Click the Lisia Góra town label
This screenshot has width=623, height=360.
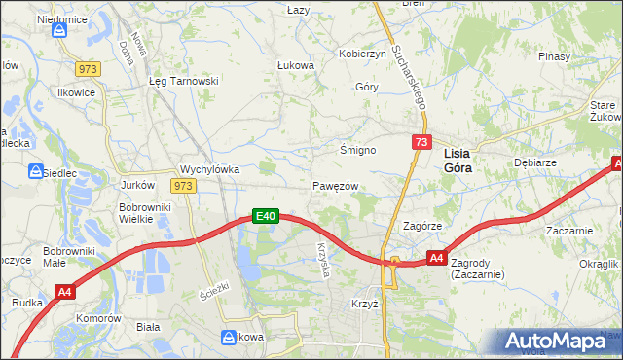click(458, 161)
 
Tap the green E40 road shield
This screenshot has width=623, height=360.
click(267, 216)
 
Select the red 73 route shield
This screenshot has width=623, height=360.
click(421, 142)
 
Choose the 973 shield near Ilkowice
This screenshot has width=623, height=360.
click(89, 68)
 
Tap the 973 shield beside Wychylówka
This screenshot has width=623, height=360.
click(182, 185)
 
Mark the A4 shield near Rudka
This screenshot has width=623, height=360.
click(65, 290)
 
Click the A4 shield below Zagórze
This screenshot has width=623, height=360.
click(437, 259)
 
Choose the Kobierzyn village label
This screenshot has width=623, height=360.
click(361, 54)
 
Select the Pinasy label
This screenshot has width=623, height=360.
click(553, 56)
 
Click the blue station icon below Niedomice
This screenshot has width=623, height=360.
click(60, 30)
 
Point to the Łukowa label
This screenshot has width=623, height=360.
click(296, 66)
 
